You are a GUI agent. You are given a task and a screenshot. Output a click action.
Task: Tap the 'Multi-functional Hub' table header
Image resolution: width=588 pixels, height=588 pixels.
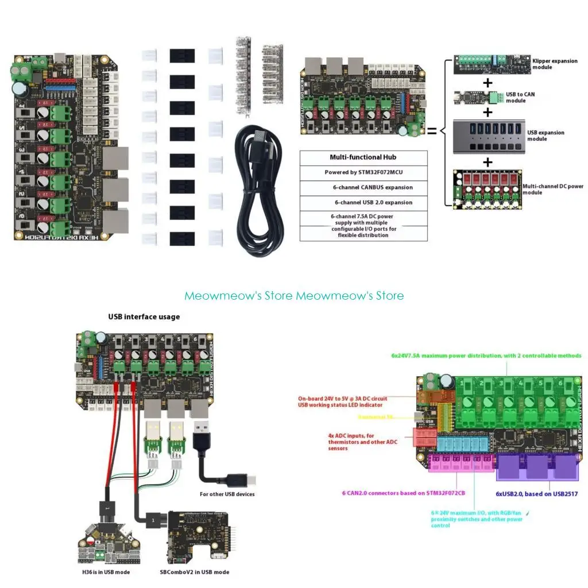pos(363,157)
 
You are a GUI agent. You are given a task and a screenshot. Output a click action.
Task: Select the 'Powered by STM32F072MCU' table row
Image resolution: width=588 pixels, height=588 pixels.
pos(363,172)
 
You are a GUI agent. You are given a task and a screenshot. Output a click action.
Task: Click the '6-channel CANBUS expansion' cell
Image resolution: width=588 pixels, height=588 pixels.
pos(363,187)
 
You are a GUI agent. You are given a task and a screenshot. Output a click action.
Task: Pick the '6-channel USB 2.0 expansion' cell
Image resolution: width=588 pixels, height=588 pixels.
pos(363,202)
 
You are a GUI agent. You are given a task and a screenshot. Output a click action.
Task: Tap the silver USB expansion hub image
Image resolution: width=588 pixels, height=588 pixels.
pos(488,136)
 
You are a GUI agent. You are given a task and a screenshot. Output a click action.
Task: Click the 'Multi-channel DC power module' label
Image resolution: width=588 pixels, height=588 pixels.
pos(552,189)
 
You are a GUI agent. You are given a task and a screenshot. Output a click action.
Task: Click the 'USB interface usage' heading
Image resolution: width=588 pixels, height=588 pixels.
pos(144,316)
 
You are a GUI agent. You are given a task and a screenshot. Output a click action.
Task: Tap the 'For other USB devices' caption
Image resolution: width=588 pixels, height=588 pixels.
pos(227,494)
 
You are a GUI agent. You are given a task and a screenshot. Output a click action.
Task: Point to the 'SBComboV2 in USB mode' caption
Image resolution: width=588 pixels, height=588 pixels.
pos(195,572)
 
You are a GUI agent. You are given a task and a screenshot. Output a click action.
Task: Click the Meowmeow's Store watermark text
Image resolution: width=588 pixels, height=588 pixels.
pos(293,296)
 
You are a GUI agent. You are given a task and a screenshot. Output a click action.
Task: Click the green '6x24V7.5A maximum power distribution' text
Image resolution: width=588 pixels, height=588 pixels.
pos(486,355)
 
